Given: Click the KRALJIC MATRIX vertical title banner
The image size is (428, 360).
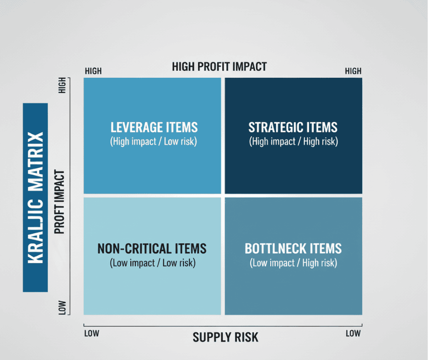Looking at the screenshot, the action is tap(35, 198).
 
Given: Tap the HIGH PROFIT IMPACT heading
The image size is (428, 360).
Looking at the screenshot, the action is tap(219, 67).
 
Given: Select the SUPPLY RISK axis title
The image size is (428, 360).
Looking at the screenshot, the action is tap(225, 337).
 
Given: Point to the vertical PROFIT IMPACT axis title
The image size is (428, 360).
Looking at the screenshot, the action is tap(59, 202).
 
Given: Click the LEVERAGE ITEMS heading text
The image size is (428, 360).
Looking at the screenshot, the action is tap(154, 127).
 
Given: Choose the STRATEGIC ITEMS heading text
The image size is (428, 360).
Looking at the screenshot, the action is tap(293, 127).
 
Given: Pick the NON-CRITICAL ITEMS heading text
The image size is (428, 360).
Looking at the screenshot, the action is tap(152, 248).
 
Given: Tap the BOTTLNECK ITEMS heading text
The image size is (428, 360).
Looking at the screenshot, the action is tap(293, 248).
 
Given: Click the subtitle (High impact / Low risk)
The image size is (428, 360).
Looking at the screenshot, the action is tap(153, 141).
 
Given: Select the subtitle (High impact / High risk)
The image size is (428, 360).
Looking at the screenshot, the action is tap(294, 141).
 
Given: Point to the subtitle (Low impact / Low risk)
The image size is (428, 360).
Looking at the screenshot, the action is tap(153, 263).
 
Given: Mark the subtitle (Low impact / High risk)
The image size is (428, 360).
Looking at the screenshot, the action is tap(294, 263).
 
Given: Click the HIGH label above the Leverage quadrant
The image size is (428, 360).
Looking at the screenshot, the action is tap(93, 71).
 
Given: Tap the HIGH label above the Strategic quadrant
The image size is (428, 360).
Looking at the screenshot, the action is tap(353, 71).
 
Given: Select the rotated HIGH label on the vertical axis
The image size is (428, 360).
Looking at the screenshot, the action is tap(62, 85).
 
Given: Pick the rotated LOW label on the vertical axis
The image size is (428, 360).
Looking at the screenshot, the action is tap(62, 308).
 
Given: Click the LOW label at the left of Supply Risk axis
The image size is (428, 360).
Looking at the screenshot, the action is tap(92, 333).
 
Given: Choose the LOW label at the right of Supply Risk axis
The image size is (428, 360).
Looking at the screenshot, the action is tap(353, 333).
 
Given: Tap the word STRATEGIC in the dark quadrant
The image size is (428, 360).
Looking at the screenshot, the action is tap(276, 127).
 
